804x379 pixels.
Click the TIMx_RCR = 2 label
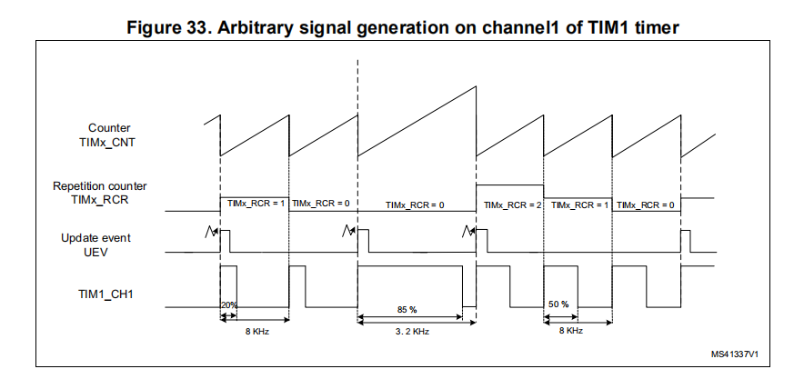513,205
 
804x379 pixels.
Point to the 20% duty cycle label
229,304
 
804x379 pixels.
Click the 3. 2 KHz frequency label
411,332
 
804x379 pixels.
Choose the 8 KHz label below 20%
255,332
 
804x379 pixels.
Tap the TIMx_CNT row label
109,142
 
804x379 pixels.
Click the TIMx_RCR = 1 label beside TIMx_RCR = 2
580,205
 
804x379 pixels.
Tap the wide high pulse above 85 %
410,267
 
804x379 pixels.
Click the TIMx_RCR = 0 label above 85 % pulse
415,205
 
